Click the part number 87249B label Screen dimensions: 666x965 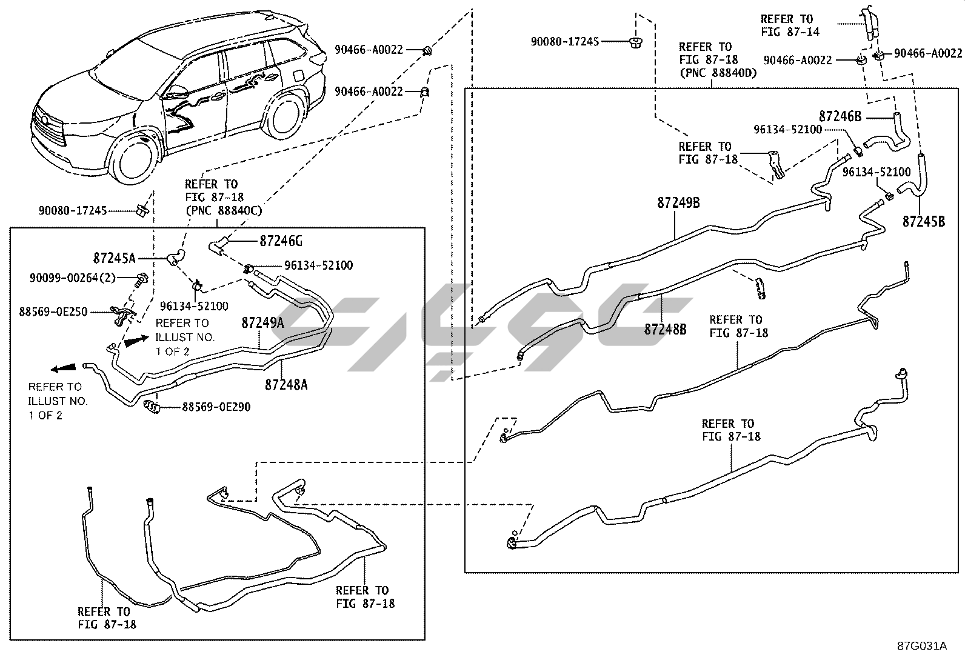(x=678, y=202)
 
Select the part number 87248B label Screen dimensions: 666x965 (x=665, y=329)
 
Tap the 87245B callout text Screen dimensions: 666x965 (x=924, y=222)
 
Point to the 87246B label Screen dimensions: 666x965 (x=840, y=116)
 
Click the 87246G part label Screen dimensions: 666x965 (x=281, y=241)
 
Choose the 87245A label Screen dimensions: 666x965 (x=114, y=258)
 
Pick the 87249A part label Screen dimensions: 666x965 (x=262, y=322)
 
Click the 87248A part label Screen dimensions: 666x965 (x=286, y=384)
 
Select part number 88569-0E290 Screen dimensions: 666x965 (x=216, y=407)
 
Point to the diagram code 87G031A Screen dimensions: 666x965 (x=922, y=645)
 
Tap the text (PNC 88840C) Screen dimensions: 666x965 (x=216, y=210)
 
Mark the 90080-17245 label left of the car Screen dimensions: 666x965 (x=73, y=211)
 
